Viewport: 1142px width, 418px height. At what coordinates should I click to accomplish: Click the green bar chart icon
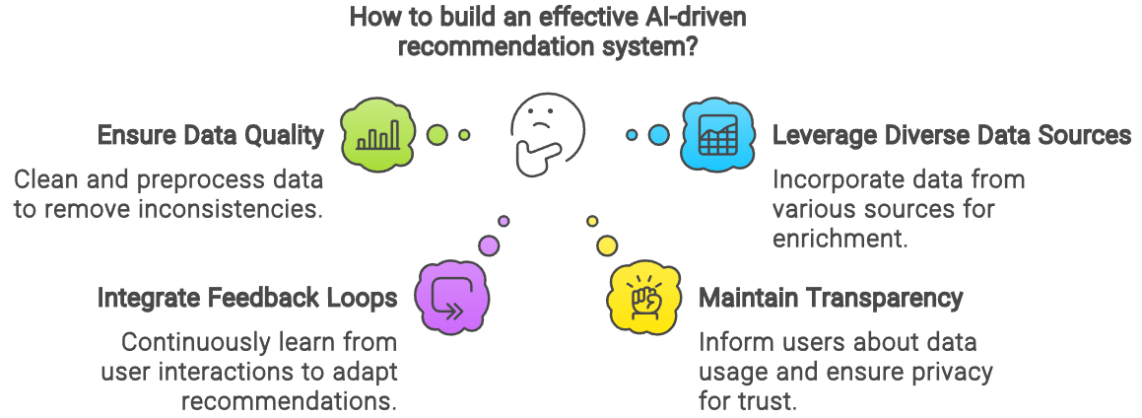[378, 134]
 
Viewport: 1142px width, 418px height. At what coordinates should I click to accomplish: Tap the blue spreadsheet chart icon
[716, 134]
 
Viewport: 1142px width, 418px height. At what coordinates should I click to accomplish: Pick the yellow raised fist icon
[642, 297]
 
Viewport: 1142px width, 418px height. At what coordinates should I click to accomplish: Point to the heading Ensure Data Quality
[211, 136]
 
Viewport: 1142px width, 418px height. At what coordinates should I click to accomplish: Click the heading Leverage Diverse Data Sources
[951, 136]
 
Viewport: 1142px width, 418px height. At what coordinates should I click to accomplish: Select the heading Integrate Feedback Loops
[247, 298]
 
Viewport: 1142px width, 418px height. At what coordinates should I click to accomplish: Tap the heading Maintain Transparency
[831, 298]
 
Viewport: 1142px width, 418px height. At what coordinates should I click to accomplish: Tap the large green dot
[437, 134]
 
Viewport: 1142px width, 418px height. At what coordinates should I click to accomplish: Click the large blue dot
[658, 134]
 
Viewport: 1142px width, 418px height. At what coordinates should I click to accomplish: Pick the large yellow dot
[607, 244]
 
